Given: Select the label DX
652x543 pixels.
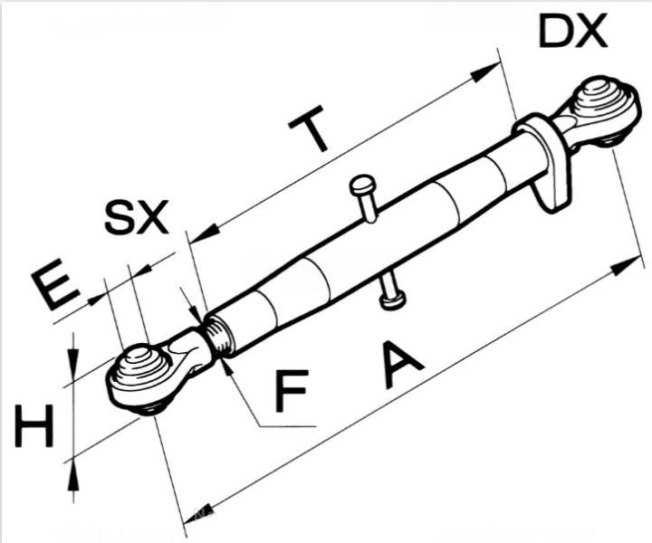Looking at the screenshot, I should coord(572,32).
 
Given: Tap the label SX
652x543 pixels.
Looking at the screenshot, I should coord(137,217).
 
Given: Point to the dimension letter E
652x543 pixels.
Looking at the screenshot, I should coord(53,286).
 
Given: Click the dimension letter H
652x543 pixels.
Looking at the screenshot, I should coord(34,427).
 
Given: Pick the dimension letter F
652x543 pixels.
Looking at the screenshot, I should coord(292,391).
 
